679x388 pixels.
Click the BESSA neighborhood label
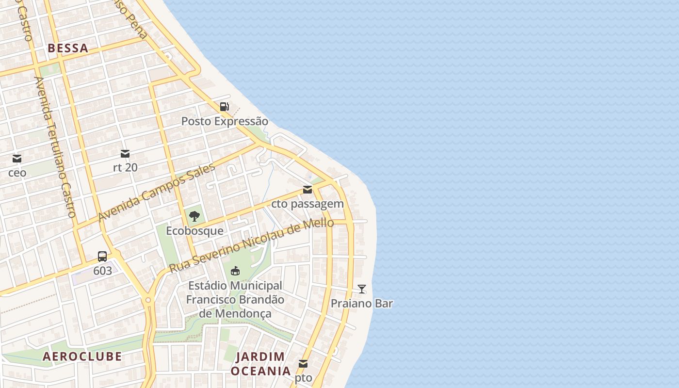coord(68,48)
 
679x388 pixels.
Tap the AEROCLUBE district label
coord(82,356)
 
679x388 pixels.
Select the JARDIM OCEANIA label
coord(260,364)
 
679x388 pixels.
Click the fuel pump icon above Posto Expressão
coord(224,107)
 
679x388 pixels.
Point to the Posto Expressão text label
coord(225,121)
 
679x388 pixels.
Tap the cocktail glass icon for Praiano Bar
coord(362,289)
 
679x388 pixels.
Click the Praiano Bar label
coord(362,304)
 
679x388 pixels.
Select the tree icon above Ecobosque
coord(194,216)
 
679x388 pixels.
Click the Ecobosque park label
coord(194,231)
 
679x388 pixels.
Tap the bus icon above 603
coord(102,257)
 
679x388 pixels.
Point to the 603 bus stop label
coord(102,271)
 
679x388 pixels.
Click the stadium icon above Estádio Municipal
coord(235,271)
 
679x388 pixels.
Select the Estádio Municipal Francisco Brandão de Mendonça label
coord(235,300)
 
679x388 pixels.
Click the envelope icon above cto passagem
coord(307,190)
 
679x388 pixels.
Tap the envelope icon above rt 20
coord(125,154)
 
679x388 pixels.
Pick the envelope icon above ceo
coord(17,158)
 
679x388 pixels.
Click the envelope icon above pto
coord(303,364)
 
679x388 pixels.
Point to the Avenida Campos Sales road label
coord(156,193)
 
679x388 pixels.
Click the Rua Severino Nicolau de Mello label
coord(251,245)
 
